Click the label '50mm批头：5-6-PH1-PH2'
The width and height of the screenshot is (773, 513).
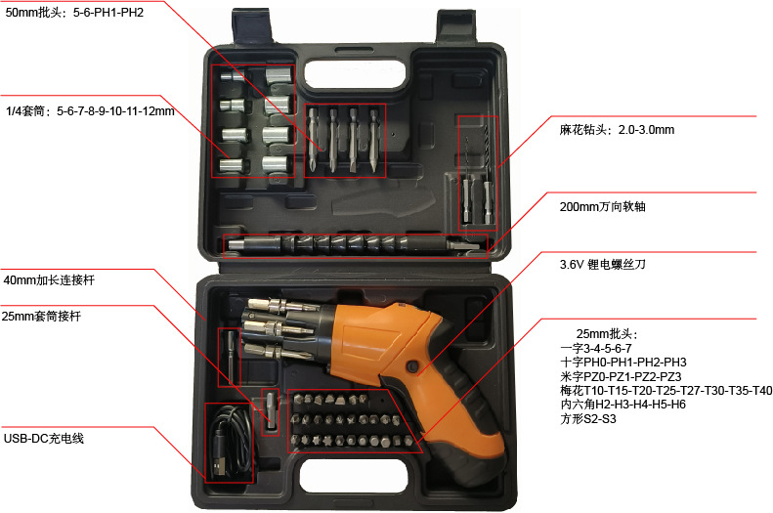click(74, 13)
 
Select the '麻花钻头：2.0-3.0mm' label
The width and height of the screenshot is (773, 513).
click(616, 129)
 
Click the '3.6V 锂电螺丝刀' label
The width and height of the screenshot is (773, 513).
click(604, 264)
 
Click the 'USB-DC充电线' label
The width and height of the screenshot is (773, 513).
click(43, 439)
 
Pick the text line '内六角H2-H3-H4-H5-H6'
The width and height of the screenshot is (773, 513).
click(623, 405)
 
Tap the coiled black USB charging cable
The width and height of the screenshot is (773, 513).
click(230, 445)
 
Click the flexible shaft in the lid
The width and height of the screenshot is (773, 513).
click(352, 243)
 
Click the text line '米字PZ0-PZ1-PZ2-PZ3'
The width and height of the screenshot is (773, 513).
click(621, 376)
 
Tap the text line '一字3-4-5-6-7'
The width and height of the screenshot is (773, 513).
click(596, 348)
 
